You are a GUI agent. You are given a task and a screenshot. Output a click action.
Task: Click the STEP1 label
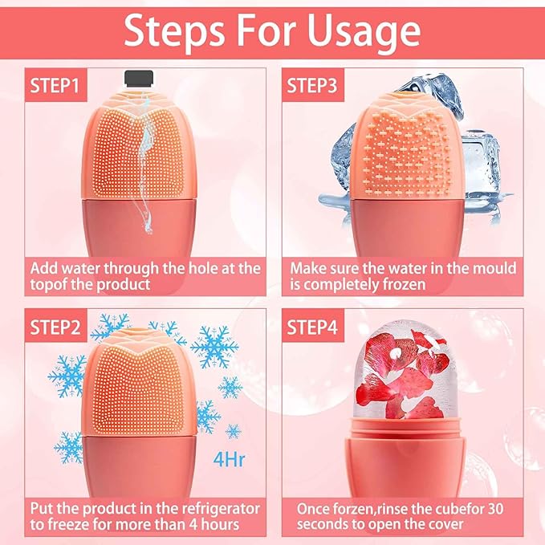click(x=55, y=84)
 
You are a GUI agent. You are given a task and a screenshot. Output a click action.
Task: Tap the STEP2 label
click(x=55, y=328)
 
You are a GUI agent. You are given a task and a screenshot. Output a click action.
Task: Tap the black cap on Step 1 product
click(x=139, y=78)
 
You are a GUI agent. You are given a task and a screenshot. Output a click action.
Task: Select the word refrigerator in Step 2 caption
click(x=218, y=508)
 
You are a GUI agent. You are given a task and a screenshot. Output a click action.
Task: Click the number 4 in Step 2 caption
click(x=186, y=523)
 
